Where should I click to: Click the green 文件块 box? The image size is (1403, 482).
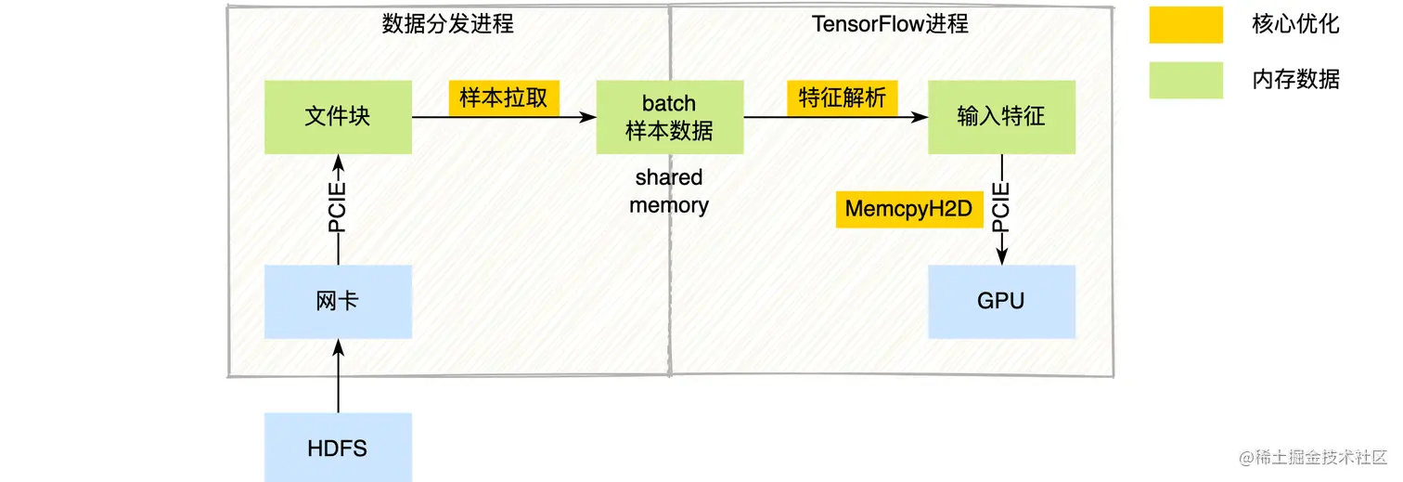[x=338, y=117]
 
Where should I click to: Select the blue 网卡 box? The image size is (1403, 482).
[x=338, y=302]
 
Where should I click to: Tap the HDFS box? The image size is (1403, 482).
[x=338, y=448]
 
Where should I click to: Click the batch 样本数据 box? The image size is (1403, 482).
[x=669, y=117]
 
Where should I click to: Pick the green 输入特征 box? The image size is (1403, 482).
[x=1001, y=117]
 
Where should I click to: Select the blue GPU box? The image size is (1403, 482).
[x=1001, y=302]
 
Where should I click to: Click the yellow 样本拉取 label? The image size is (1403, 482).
[x=504, y=98]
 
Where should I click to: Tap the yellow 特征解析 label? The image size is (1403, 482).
[x=843, y=98]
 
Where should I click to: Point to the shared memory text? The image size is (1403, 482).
[x=669, y=191]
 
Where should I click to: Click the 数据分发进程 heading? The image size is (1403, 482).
[x=447, y=24]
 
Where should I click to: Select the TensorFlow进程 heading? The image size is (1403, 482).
[x=890, y=24]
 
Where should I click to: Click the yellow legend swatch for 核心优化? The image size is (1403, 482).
[x=1185, y=25]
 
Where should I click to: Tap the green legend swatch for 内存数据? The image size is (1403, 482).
[x=1185, y=80]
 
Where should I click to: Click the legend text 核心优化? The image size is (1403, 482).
[x=1295, y=25]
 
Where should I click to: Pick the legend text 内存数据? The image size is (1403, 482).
[x=1295, y=80]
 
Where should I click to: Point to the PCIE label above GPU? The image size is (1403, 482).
[x=1001, y=208]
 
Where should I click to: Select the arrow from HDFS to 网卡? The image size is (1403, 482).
[x=338, y=376]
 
